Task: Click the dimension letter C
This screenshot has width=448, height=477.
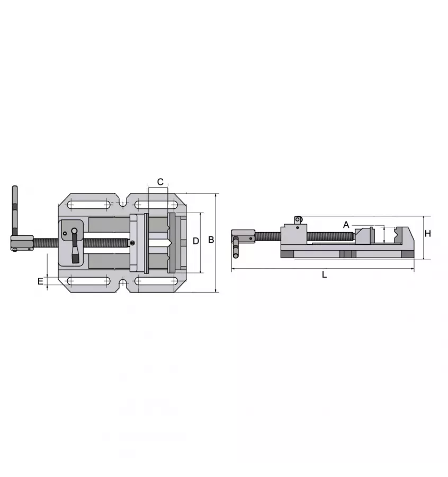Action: coord(160,182)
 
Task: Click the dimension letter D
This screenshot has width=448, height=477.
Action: coord(195,241)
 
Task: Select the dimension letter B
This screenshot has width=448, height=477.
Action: coord(211,240)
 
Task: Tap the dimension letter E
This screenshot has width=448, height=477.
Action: coord(40,281)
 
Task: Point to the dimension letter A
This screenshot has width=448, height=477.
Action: coord(346,224)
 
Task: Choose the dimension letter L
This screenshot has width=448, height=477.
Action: coord(325,275)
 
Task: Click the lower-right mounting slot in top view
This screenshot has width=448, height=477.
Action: coord(157,281)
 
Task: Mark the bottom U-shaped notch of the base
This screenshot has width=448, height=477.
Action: coord(122,284)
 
